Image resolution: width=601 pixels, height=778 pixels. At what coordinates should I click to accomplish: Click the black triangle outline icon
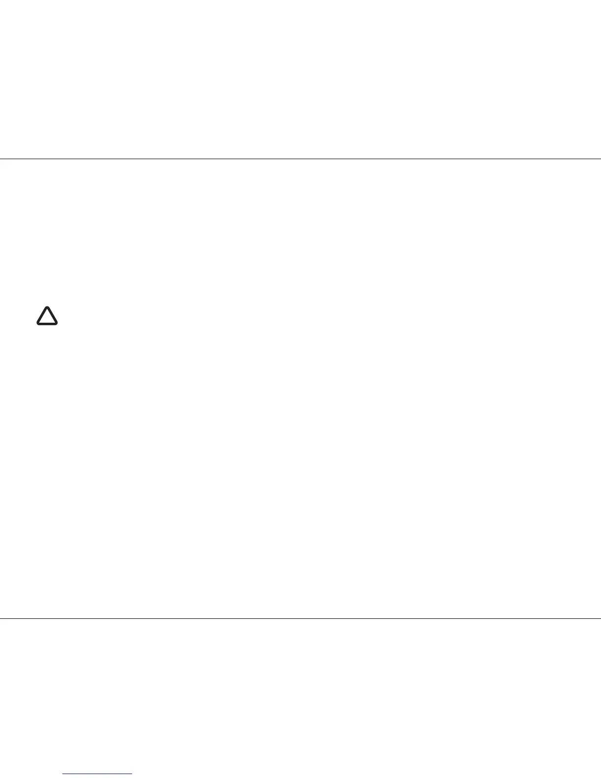point(47,316)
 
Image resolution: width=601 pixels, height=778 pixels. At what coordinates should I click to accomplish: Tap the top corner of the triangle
point(47,308)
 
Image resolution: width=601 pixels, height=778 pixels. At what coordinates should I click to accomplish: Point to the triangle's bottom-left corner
point(38,323)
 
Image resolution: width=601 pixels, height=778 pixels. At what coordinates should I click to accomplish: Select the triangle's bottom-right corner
point(56,323)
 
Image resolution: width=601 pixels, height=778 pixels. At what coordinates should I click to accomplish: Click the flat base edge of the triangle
point(47,324)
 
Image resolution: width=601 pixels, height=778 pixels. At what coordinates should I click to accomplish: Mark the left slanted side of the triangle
point(42,316)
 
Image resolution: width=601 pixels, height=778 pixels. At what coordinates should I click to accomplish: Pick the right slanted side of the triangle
point(53,316)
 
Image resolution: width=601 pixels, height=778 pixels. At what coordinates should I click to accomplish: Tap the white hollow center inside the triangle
point(47,318)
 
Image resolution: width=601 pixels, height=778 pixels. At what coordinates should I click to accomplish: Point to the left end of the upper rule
point(1,159)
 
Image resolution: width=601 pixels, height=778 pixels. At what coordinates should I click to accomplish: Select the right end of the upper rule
point(600,159)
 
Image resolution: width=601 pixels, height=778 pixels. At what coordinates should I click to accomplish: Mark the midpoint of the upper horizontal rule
point(300,159)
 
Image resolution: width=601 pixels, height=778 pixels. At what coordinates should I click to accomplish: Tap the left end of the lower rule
point(1,618)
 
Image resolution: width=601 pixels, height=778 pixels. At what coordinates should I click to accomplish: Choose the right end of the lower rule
point(600,618)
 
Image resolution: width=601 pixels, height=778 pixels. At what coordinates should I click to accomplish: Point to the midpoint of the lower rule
point(300,618)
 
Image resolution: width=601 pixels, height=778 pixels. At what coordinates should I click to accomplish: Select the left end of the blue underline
point(64,774)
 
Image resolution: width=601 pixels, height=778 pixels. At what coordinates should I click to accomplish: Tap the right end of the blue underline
point(132,774)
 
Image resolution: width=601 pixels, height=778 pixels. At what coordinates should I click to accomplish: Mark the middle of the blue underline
point(98,774)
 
